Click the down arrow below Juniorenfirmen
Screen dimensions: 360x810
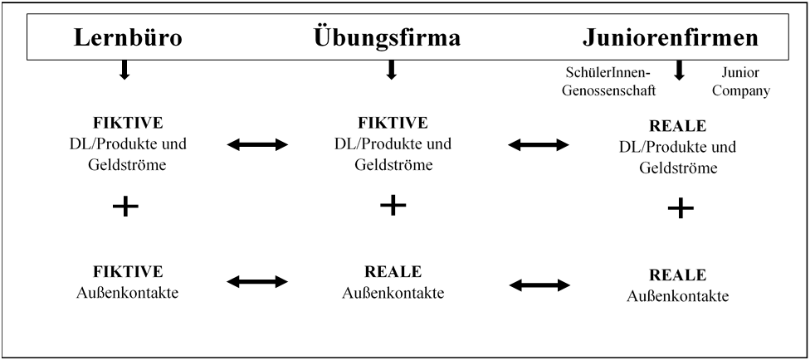[x=679, y=71]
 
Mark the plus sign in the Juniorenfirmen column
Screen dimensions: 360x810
[x=681, y=208]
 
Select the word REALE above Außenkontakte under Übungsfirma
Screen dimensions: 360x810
[x=393, y=271]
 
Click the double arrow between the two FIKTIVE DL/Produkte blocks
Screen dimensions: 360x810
[x=257, y=145]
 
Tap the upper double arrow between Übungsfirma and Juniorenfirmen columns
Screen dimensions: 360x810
[x=539, y=145]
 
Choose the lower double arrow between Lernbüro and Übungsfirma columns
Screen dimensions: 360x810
[x=257, y=284]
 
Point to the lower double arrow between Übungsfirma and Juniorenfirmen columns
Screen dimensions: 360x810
[x=539, y=285]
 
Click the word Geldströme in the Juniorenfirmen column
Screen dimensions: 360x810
[x=680, y=168]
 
